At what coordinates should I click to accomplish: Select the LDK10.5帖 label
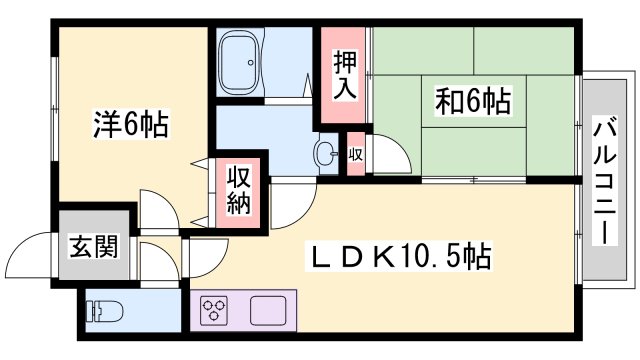pos(397,259)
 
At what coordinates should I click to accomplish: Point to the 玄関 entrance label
pos(93,245)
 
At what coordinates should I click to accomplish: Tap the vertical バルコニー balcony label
pos(604,178)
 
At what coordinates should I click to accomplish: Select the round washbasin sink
pos(326,154)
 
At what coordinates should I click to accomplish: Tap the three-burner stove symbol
pos(215,311)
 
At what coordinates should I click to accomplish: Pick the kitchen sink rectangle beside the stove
pos(269,311)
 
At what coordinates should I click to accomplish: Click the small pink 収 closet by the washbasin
pos(356,154)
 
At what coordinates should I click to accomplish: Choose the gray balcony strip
pos(604,178)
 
